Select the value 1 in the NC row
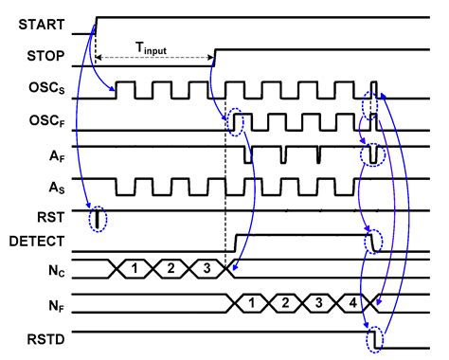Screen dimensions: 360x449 tap(136, 268)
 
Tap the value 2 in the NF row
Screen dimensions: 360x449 tap(283, 303)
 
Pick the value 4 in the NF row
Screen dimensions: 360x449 tap(352, 303)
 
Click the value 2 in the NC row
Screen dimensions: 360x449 tap(172, 268)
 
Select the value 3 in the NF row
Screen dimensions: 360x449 tap(318, 303)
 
